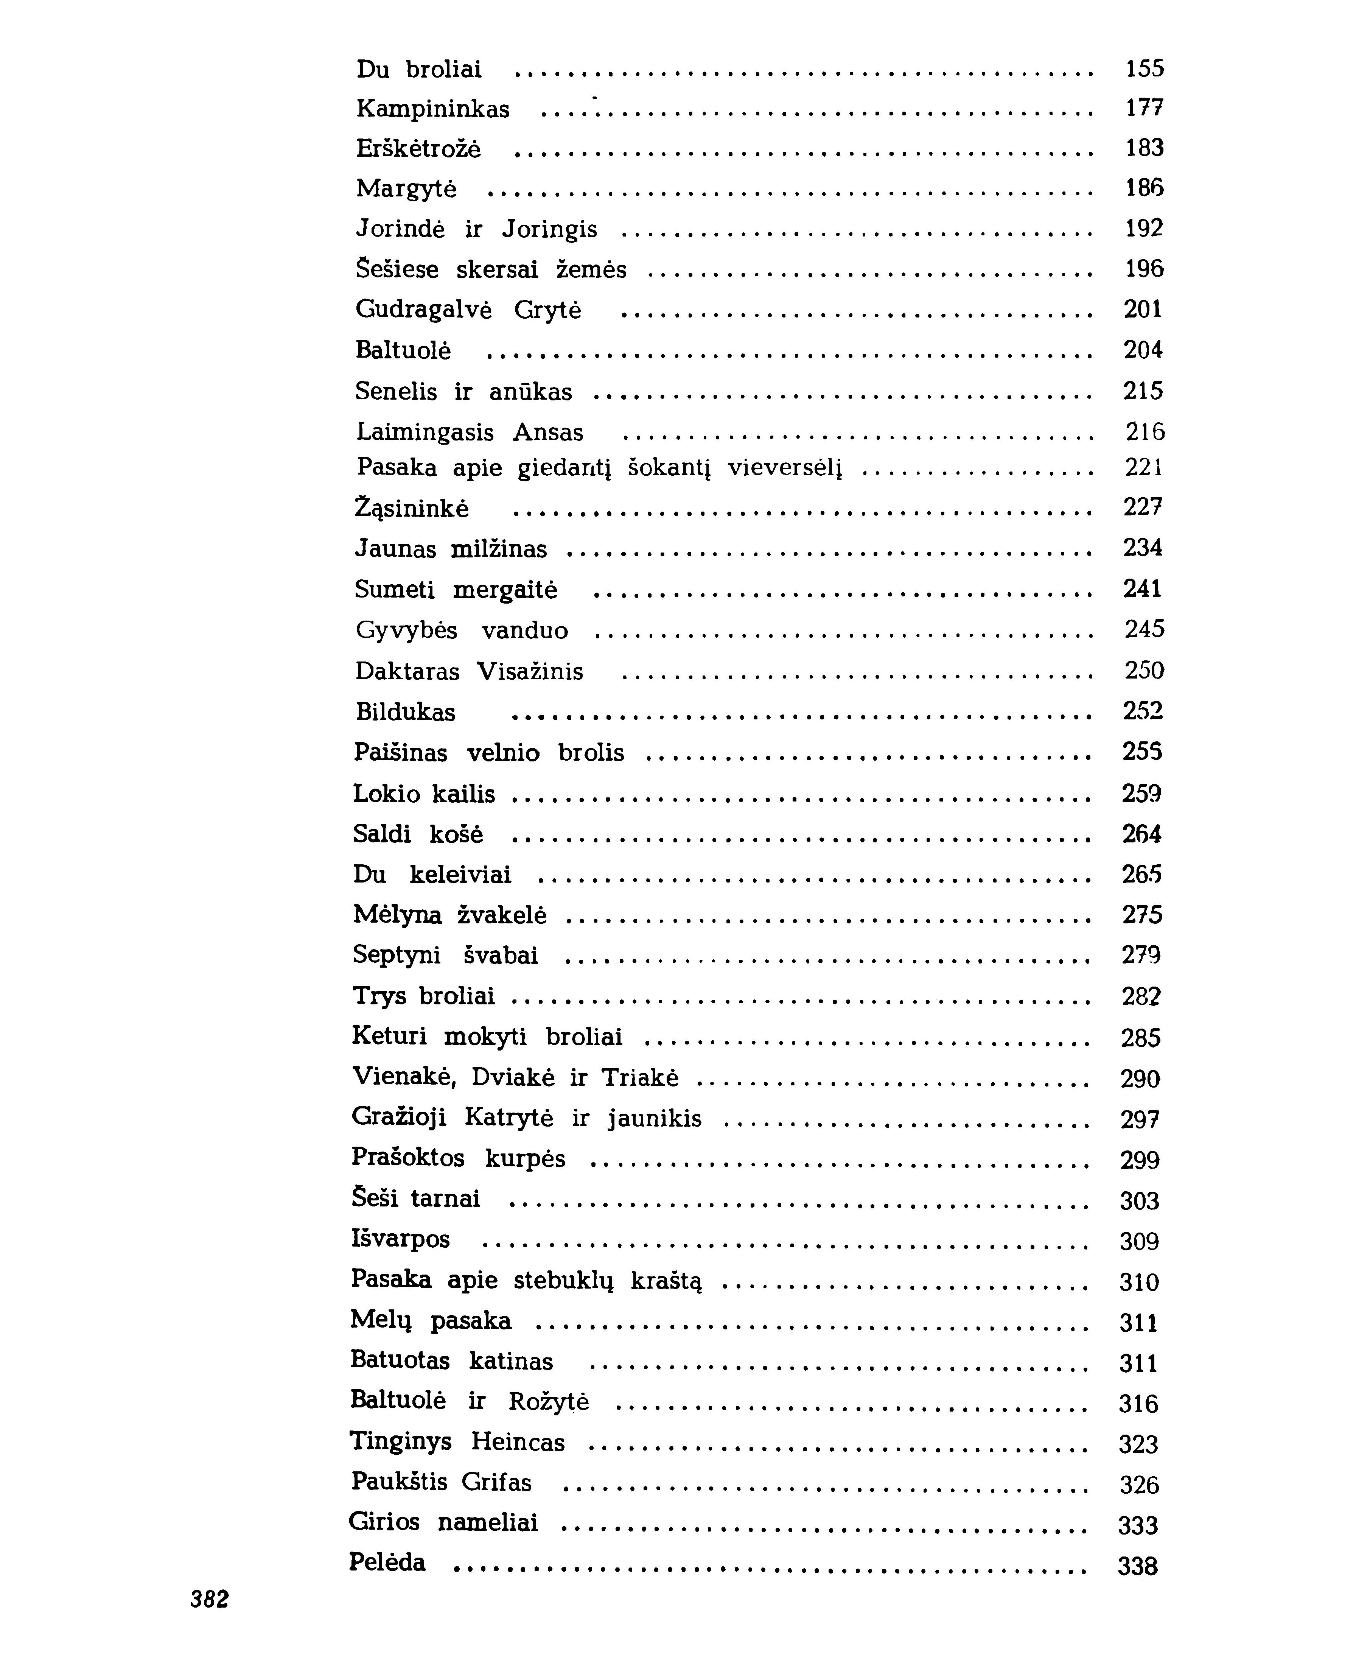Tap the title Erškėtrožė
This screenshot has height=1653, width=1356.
(419, 148)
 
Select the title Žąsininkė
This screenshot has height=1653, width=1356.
(412, 509)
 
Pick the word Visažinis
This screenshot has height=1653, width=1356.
(530, 671)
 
